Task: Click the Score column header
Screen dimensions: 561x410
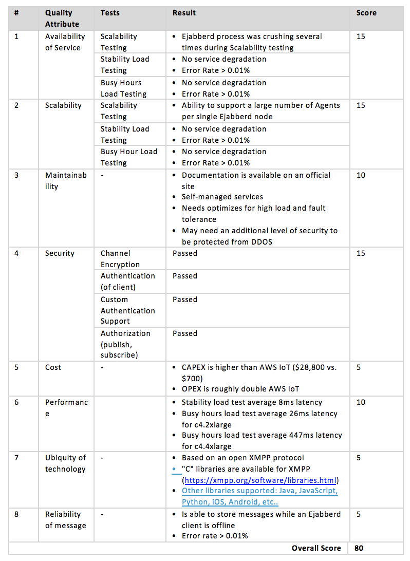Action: click(x=366, y=13)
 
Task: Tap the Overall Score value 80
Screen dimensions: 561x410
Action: click(x=359, y=548)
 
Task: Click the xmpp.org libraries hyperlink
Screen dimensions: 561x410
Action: click(x=260, y=480)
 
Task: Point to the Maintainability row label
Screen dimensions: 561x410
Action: click(x=66, y=181)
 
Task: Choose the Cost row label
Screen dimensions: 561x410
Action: click(x=53, y=367)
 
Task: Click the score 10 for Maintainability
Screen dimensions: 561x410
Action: click(x=361, y=175)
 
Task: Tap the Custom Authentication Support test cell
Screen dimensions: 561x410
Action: click(x=127, y=310)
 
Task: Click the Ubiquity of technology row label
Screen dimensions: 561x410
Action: click(x=65, y=463)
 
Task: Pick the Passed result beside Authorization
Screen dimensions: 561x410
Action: click(x=185, y=333)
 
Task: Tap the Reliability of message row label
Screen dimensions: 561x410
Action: click(x=65, y=520)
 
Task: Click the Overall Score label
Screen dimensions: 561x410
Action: click(x=316, y=548)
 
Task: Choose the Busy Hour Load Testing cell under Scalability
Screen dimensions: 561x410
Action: click(x=129, y=157)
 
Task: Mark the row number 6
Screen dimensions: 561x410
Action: click(x=16, y=402)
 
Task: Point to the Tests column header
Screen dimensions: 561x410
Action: click(x=110, y=13)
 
